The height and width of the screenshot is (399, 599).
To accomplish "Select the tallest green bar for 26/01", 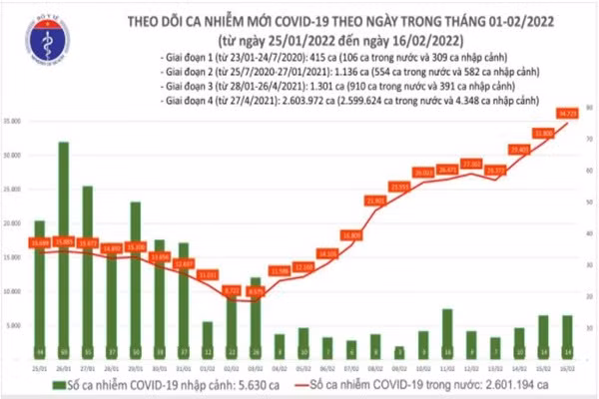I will tap(64, 249).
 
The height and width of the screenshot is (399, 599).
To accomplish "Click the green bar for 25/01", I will tap(40, 289).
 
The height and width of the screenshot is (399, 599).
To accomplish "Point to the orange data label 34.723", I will tap(569, 113).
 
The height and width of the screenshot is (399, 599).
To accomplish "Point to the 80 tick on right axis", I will tap(591, 107).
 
